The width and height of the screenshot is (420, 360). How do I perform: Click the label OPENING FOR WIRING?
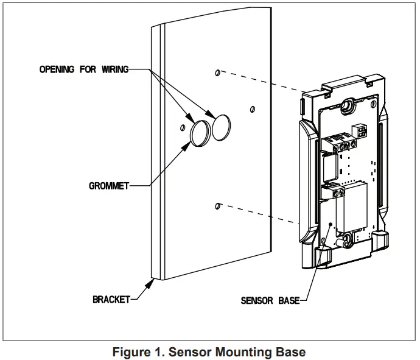84,69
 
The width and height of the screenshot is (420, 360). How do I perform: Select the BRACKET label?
111,299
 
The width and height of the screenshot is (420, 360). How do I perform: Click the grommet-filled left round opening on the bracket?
199,133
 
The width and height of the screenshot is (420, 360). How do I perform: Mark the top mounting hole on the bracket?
218,72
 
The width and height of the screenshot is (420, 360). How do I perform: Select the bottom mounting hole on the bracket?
218,206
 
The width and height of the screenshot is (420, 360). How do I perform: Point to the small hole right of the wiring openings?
252,109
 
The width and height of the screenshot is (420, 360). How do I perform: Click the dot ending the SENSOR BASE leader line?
331,225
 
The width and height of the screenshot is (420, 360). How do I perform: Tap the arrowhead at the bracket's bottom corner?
151,281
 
